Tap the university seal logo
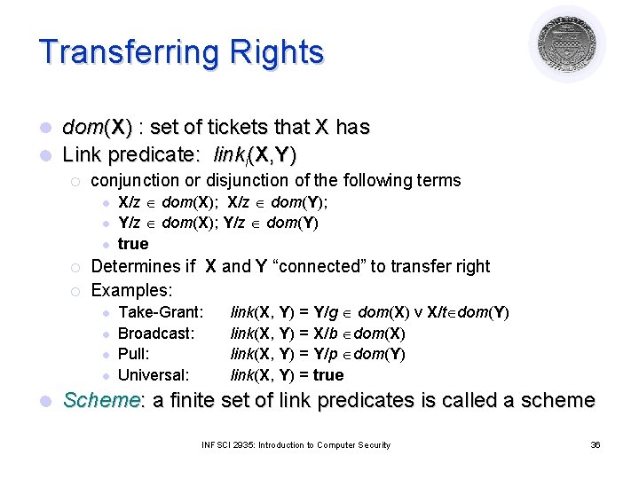(566, 43)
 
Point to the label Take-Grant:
(161, 311)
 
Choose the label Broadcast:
(155, 333)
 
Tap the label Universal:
(154, 375)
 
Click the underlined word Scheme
(101, 401)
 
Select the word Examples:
(131, 290)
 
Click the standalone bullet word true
(133, 244)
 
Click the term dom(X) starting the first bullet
(97, 127)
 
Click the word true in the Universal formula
(327, 375)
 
